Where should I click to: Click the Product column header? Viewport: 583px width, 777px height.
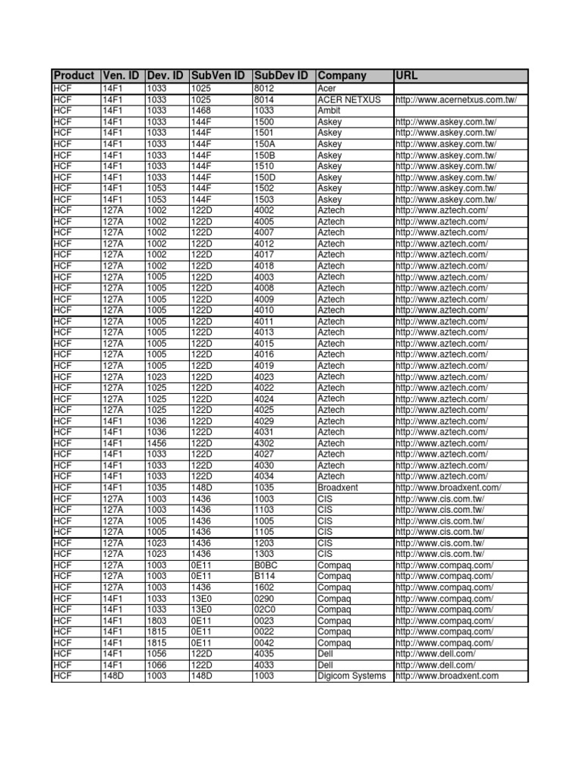pos(74,76)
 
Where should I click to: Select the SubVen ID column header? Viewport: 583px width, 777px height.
pos(217,76)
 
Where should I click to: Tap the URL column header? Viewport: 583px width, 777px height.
pos(407,76)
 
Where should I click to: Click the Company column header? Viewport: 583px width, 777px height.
pos(342,76)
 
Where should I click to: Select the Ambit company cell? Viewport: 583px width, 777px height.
pos(329,111)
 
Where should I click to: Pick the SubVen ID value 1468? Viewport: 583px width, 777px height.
pos(200,111)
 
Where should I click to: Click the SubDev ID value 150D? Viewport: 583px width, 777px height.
pos(265,178)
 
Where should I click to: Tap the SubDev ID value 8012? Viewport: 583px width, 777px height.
pos(265,89)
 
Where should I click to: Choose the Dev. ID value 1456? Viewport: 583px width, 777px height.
pos(156,443)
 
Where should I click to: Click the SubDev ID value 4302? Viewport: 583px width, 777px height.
pos(265,443)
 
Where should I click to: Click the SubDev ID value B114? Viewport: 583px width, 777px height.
pos(265,576)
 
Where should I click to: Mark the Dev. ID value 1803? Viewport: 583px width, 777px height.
pos(156,621)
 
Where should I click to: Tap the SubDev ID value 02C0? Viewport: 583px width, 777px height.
pos(266,609)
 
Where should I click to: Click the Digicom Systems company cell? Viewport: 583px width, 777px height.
pos(352,675)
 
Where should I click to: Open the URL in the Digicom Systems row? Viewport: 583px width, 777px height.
pos(447,675)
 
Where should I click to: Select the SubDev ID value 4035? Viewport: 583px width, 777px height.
pos(265,653)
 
